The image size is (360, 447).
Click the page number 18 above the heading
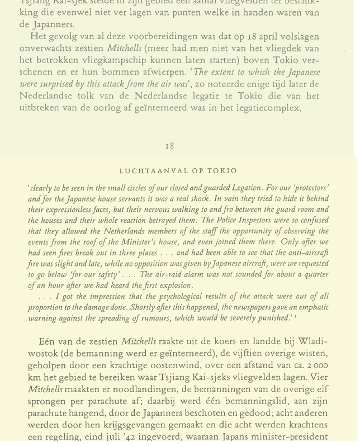170,146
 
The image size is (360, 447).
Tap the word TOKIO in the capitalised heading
223,170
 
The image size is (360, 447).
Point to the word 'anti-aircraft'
306,253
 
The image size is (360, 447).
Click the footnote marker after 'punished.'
296,316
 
